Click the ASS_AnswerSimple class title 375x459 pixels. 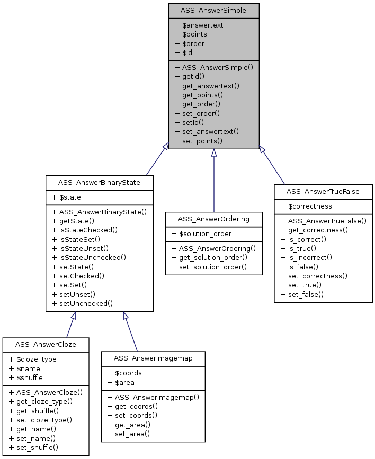pos(213,10)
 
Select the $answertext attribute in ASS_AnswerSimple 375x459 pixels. pos(199,24)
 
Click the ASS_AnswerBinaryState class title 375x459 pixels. pos(100,183)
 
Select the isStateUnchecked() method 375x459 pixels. pos(89,258)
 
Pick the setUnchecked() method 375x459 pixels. pos(82,303)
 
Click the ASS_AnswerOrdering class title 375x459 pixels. pos(213,219)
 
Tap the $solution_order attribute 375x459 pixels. pos(201,233)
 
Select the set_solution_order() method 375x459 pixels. pos(209,267)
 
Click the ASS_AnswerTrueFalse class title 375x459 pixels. pos(323,191)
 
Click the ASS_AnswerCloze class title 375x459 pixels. pos(46,344)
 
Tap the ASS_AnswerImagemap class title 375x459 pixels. pos(153,358)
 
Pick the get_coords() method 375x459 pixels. pos(132,406)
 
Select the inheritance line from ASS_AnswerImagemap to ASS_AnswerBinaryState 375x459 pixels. pos(131,332)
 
